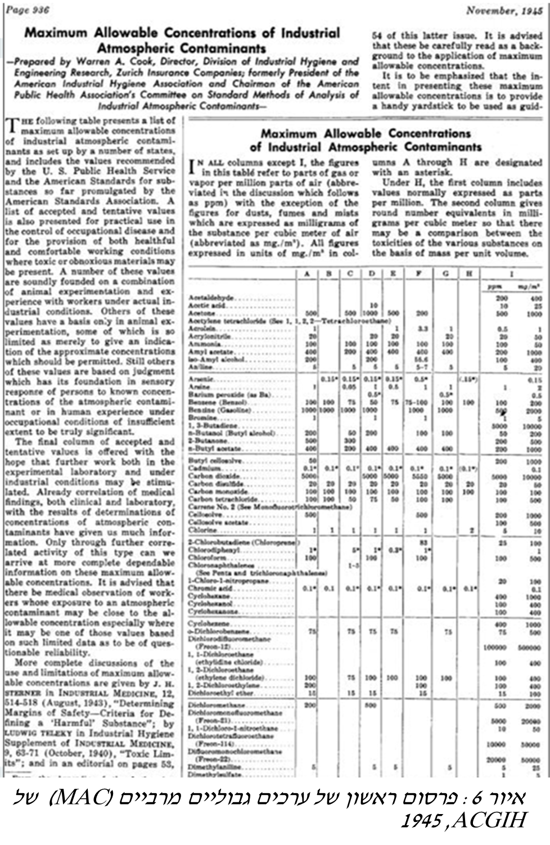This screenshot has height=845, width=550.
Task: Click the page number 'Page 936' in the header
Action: point(28,10)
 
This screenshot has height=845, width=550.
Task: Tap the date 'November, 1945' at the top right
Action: point(504,10)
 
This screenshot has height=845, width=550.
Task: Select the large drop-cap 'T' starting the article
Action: point(11,125)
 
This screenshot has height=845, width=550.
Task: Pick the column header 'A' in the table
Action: point(307,273)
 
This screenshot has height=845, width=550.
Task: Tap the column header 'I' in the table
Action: point(511,273)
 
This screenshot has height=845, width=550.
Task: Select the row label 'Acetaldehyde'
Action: point(212,297)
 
